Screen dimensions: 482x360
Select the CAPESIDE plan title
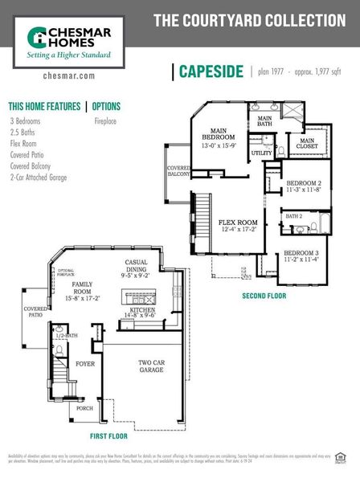tap(212, 71)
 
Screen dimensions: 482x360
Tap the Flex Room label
tap(238, 226)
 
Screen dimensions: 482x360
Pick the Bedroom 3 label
tap(301, 256)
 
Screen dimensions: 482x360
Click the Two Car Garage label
tap(150, 367)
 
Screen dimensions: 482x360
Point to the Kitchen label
tap(141, 312)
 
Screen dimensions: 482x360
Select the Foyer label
tap(85, 364)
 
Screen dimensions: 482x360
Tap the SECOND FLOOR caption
tap(264, 296)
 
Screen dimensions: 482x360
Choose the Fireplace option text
tap(105, 121)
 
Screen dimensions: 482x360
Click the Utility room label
tap(262, 153)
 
